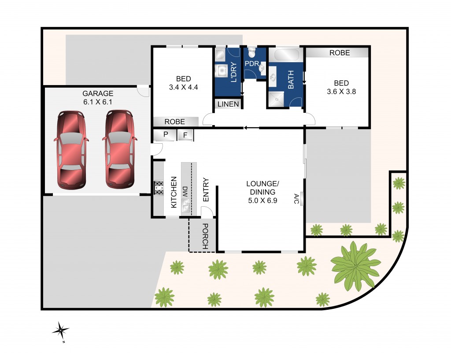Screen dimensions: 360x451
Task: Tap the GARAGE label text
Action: point(98,93)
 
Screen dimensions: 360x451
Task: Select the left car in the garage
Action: point(71,150)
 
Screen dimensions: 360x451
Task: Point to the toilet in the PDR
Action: point(252,53)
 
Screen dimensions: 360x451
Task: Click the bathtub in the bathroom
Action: point(286,55)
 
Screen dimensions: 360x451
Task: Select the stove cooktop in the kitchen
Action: point(159,188)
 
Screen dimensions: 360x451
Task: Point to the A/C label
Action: point(296,199)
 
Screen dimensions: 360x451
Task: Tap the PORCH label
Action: point(205,237)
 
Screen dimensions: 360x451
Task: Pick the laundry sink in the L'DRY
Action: point(221,70)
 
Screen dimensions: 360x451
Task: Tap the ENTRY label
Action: point(205,190)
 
